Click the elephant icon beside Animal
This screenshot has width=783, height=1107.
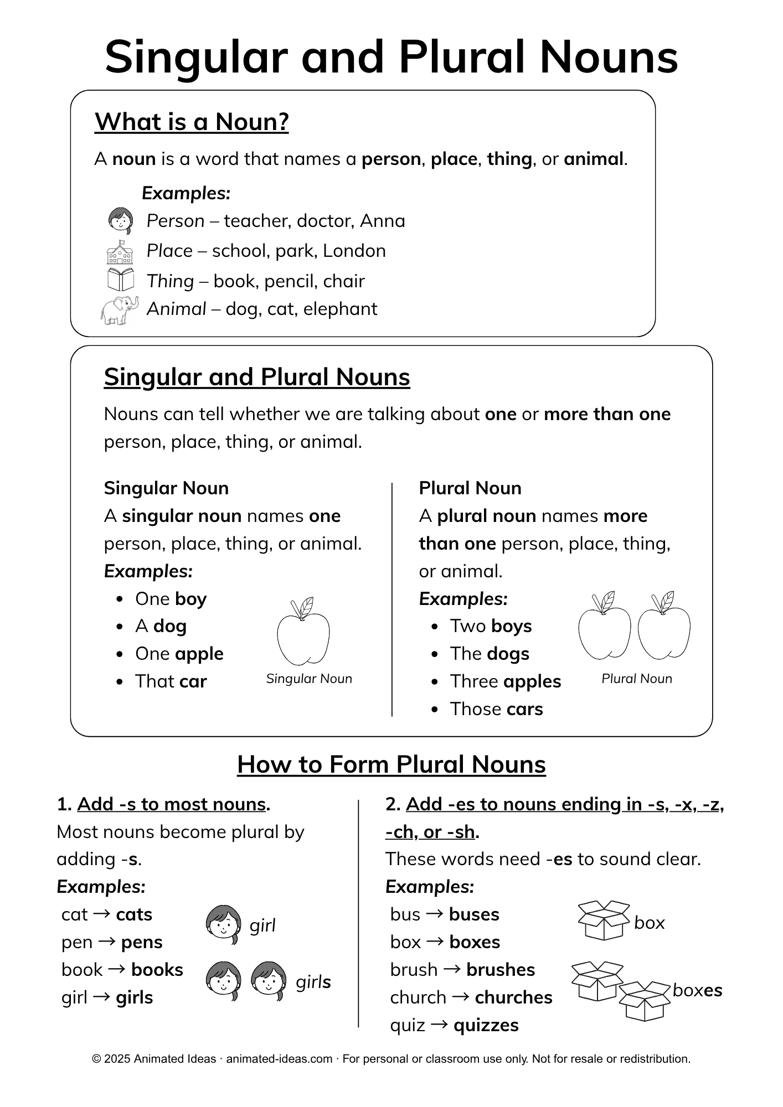pyautogui.click(x=120, y=310)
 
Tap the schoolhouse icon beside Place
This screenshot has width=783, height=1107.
pyautogui.click(x=120, y=252)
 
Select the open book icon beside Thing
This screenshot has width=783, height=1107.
pyautogui.click(x=121, y=280)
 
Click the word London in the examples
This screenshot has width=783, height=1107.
pyautogui.click(x=354, y=251)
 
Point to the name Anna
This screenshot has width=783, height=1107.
pyautogui.click(x=383, y=221)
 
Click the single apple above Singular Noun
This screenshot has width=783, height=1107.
pyautogui.click(x=303, y=632)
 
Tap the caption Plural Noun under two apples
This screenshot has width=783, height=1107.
pyautogui.click(x=637, y=679)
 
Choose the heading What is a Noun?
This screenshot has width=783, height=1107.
pyautogui.click(x=192, y=122)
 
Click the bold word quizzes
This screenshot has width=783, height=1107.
pyautogui.click(x=486, y=1025)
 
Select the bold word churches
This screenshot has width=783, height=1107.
pyautogui.click(x=514, y=997)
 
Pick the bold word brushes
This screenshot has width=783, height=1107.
pyautogui.click(x=501, y=970)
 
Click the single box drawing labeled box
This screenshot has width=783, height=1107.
pyautogui.click(x=604, y=920)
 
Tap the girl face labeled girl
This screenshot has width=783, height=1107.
pyautogui.click(x=224, y=924)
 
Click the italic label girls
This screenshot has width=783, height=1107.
pyautogui.click(x=313, y=982)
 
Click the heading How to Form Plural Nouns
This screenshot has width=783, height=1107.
pyautogui.click(x=391, y=764)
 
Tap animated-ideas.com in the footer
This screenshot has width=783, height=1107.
pyautogui.click(x=279, y=1059)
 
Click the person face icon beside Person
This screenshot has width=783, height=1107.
pyautogui.click(x=120, y=221)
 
